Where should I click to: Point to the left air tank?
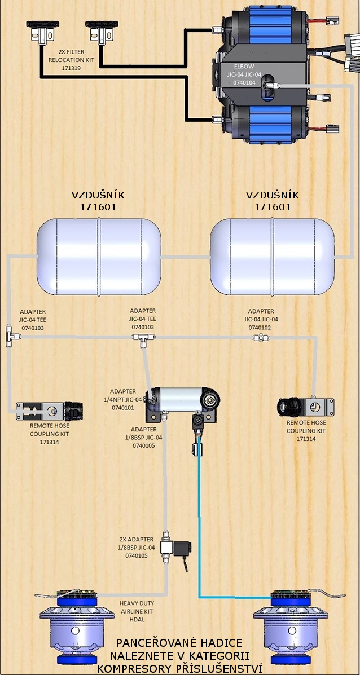coord(99,257)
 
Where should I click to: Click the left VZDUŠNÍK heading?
coord(98,195)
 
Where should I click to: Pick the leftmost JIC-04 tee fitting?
coord(11,336)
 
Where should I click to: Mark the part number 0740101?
coord(122,407)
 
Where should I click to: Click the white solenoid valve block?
coord(168,547)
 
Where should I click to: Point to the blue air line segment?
coord(200,536)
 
